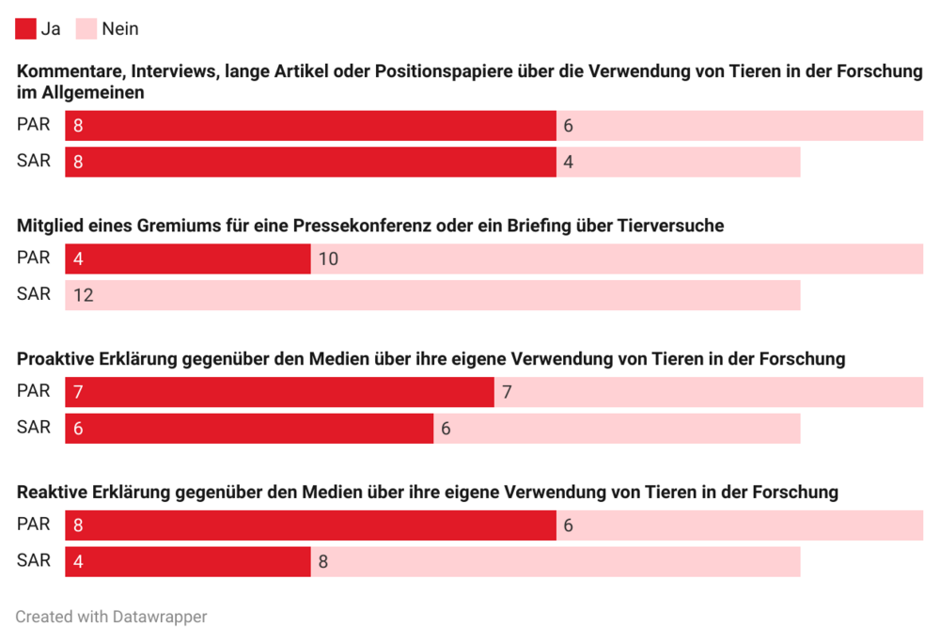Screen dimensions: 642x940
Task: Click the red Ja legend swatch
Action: point(25,29)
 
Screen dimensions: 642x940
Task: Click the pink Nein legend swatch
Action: point(86,29)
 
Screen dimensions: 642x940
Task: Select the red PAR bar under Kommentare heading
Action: point(310,126)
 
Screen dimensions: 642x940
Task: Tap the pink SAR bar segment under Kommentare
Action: point(678,162)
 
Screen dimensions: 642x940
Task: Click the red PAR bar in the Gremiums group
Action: point(188,259)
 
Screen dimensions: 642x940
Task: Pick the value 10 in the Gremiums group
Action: point(328,259)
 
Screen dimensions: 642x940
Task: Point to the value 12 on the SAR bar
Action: point(83,295)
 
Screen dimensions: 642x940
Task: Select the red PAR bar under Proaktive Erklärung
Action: point(279,392)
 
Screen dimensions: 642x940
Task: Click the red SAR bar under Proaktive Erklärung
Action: point(249,429)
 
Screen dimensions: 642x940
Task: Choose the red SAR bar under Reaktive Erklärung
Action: point(188,562)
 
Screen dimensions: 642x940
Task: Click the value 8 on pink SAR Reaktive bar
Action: point(322,562)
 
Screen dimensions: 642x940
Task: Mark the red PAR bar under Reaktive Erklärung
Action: point(310,525)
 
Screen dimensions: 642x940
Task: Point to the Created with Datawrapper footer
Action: point(111,617)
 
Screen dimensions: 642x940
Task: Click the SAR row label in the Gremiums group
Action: point(34,294)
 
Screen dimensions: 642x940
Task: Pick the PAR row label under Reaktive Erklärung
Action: point(34,525)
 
